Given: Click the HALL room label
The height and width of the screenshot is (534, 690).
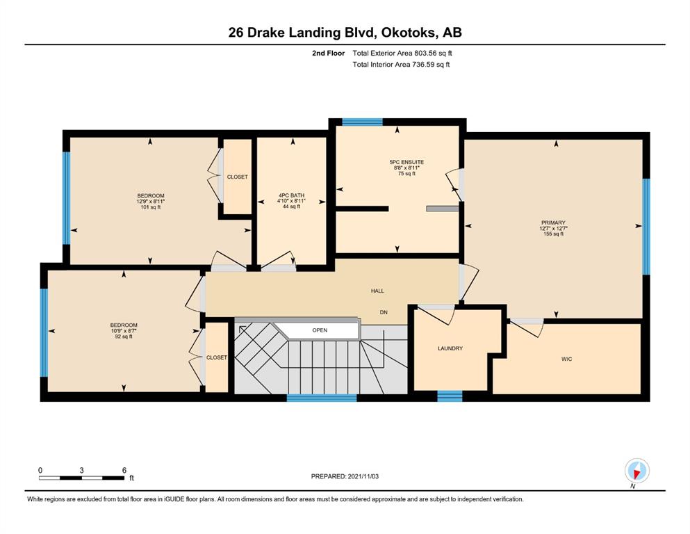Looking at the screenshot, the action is tap(377, 291).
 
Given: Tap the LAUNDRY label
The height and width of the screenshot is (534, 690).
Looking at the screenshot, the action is tap(450, 348).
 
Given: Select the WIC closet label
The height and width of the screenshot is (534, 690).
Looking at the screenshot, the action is tap(566, 359).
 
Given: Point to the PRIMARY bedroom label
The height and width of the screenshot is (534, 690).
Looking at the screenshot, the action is tap(553, 222).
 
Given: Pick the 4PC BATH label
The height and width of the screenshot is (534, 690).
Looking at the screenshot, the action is tap(291, 195).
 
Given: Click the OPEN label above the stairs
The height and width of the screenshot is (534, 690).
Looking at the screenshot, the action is tap(320, 330).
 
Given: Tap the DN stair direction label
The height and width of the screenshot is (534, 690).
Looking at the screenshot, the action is tap(384, 312).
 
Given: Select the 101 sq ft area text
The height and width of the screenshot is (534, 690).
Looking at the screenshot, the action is tap(151, 207).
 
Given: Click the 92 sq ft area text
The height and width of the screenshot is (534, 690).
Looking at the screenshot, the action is tap(124, 337).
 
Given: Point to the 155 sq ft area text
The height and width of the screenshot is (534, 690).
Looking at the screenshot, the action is tap(553, 234).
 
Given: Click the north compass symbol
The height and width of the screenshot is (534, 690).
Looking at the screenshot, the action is tap(636, 471).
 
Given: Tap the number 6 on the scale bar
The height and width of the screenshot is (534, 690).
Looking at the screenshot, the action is tap(124, 470).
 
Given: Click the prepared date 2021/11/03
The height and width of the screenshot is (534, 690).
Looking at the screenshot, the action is tap(363, 476).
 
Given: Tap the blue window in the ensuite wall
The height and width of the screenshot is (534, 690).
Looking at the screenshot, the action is tap(362, 122).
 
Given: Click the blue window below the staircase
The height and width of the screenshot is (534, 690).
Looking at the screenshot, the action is tap(322, 398).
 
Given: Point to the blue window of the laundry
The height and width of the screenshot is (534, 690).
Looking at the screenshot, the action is tap(450, 396).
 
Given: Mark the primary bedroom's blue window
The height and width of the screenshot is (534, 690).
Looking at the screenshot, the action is tap(646, 226).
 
